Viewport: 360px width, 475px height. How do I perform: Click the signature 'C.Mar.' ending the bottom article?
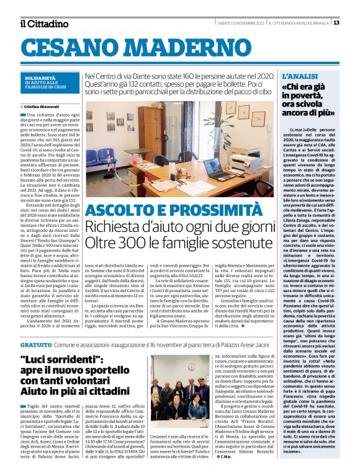coord(226,458)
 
